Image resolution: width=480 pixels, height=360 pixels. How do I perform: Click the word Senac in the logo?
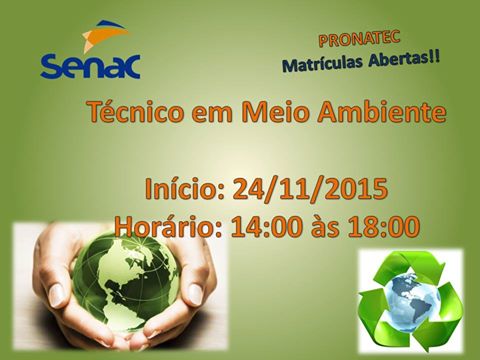tap(90, 66)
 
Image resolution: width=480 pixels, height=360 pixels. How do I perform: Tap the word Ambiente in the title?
tap(381, 112)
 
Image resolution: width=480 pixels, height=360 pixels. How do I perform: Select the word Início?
tap(184, 189)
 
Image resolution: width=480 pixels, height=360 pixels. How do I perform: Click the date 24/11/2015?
tap(310, 189)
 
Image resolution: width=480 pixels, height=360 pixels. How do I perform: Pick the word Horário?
tap(169, 227)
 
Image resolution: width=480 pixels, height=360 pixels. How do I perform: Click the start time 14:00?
tap(267, 227)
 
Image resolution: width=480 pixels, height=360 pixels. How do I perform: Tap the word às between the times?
tap(325, 226)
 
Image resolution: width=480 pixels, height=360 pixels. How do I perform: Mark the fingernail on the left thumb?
tap(56, 296)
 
